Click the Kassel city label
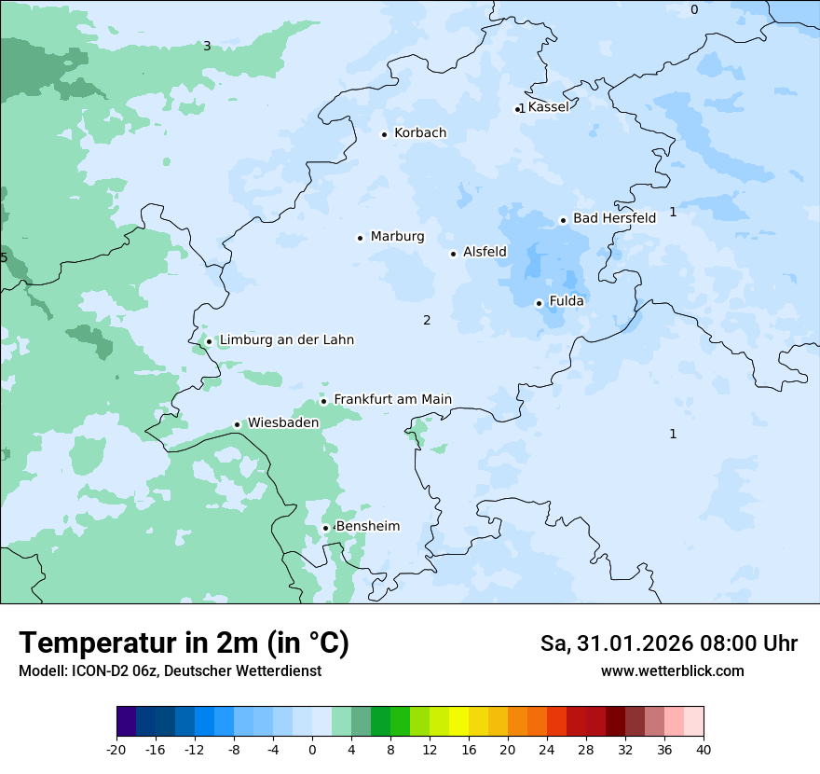pyautogui.click(x=548, y=107)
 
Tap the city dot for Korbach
pyautogui.click(x=384, y=134)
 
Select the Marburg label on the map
pyautogui.click(x=397, y=237)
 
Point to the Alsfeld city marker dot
pyautogui.click(x=454, y=254)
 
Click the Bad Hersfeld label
pyautogui.click(x=614, y=218)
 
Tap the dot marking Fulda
pyautogui.click(x=539, y=303)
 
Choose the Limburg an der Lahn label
pyautogui.click(x=286, y=340)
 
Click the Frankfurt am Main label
pyautogui.click(x=392, y=400)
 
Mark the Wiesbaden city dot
pyautogui.click(x=238, y=425)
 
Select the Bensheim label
pyautogui.click(x=367, y=527)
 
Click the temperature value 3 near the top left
pyautogui.click(x=207, y=46)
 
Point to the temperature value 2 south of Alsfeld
pyautogui.click(x=427, y=321)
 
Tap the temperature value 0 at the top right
pyautogui.click(x=694, y=10)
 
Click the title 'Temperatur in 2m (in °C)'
pyautogui.click(x=184, y=643)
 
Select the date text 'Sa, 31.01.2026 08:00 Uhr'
pyautogui.click(x=668, y=643)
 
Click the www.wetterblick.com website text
pyautogui.click(x=672, y=671)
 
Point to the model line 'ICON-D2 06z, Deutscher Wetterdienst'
pyautogui.click(x=170, y=671)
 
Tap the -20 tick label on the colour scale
pyautogui.click(x=116, y=750)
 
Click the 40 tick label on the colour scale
pyautogui.click(x=704, y=750)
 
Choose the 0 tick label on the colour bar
pyautogui.click(x=312, y=750)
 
